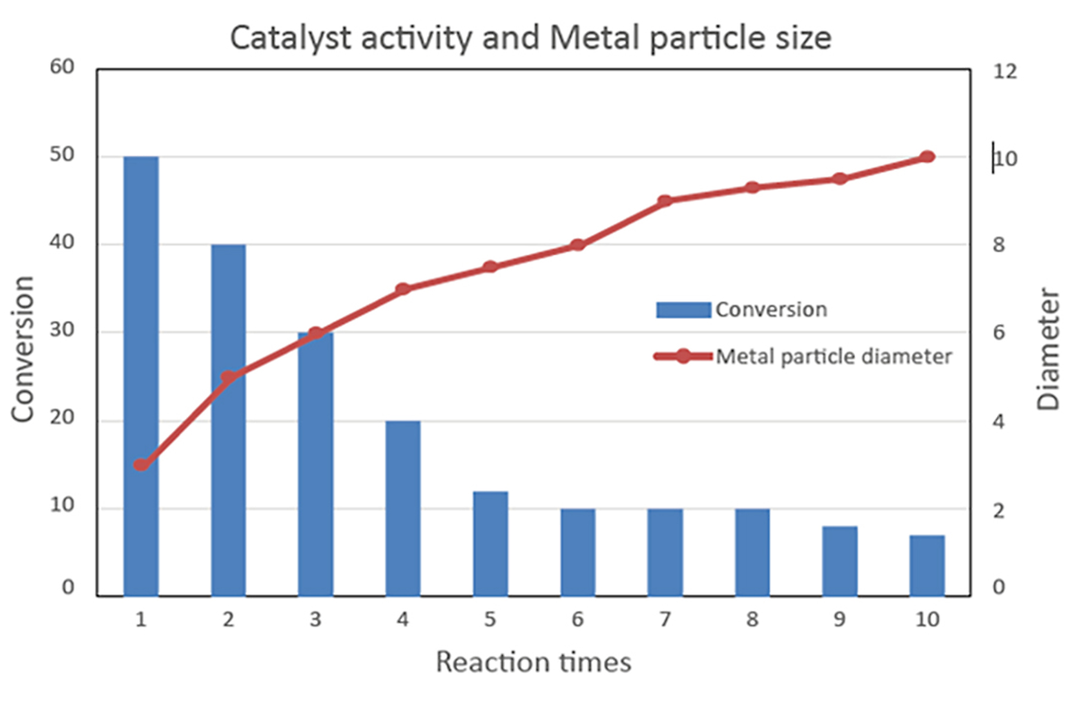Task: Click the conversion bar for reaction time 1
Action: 141,376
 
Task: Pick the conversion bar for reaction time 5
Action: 490,543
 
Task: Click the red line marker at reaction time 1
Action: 141,465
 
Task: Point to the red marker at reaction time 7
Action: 665,201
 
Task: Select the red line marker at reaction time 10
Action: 927,157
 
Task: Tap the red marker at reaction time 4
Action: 403,289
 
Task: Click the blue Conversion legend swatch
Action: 683,310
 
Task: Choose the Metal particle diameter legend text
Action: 833,356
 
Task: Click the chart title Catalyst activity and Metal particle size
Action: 532,38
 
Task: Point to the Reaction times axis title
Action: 533,662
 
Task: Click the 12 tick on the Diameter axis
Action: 1005,72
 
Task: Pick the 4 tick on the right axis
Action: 1000,422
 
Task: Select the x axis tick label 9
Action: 840,619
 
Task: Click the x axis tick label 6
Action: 577,619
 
